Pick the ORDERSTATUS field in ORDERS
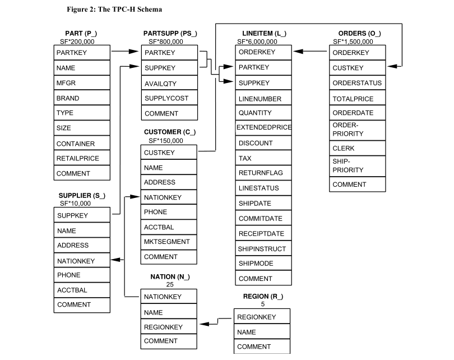point(357,83)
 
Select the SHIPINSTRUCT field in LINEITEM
point(262,249)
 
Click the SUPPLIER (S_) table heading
point(82,196)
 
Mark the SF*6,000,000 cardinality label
point(257,41)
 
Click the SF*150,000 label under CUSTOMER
point(166,141)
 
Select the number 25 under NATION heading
point(170,284)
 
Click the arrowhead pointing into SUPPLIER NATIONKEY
point(115,260)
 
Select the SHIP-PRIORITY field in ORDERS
point(348,165)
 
